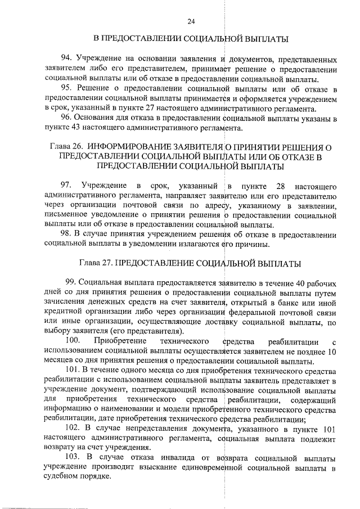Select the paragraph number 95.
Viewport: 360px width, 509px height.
pos(66,89)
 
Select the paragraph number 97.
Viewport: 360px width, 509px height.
pos(66,186)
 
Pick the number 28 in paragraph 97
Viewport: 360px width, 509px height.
pos(282,186)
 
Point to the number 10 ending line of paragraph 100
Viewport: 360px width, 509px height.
pos(332,352)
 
